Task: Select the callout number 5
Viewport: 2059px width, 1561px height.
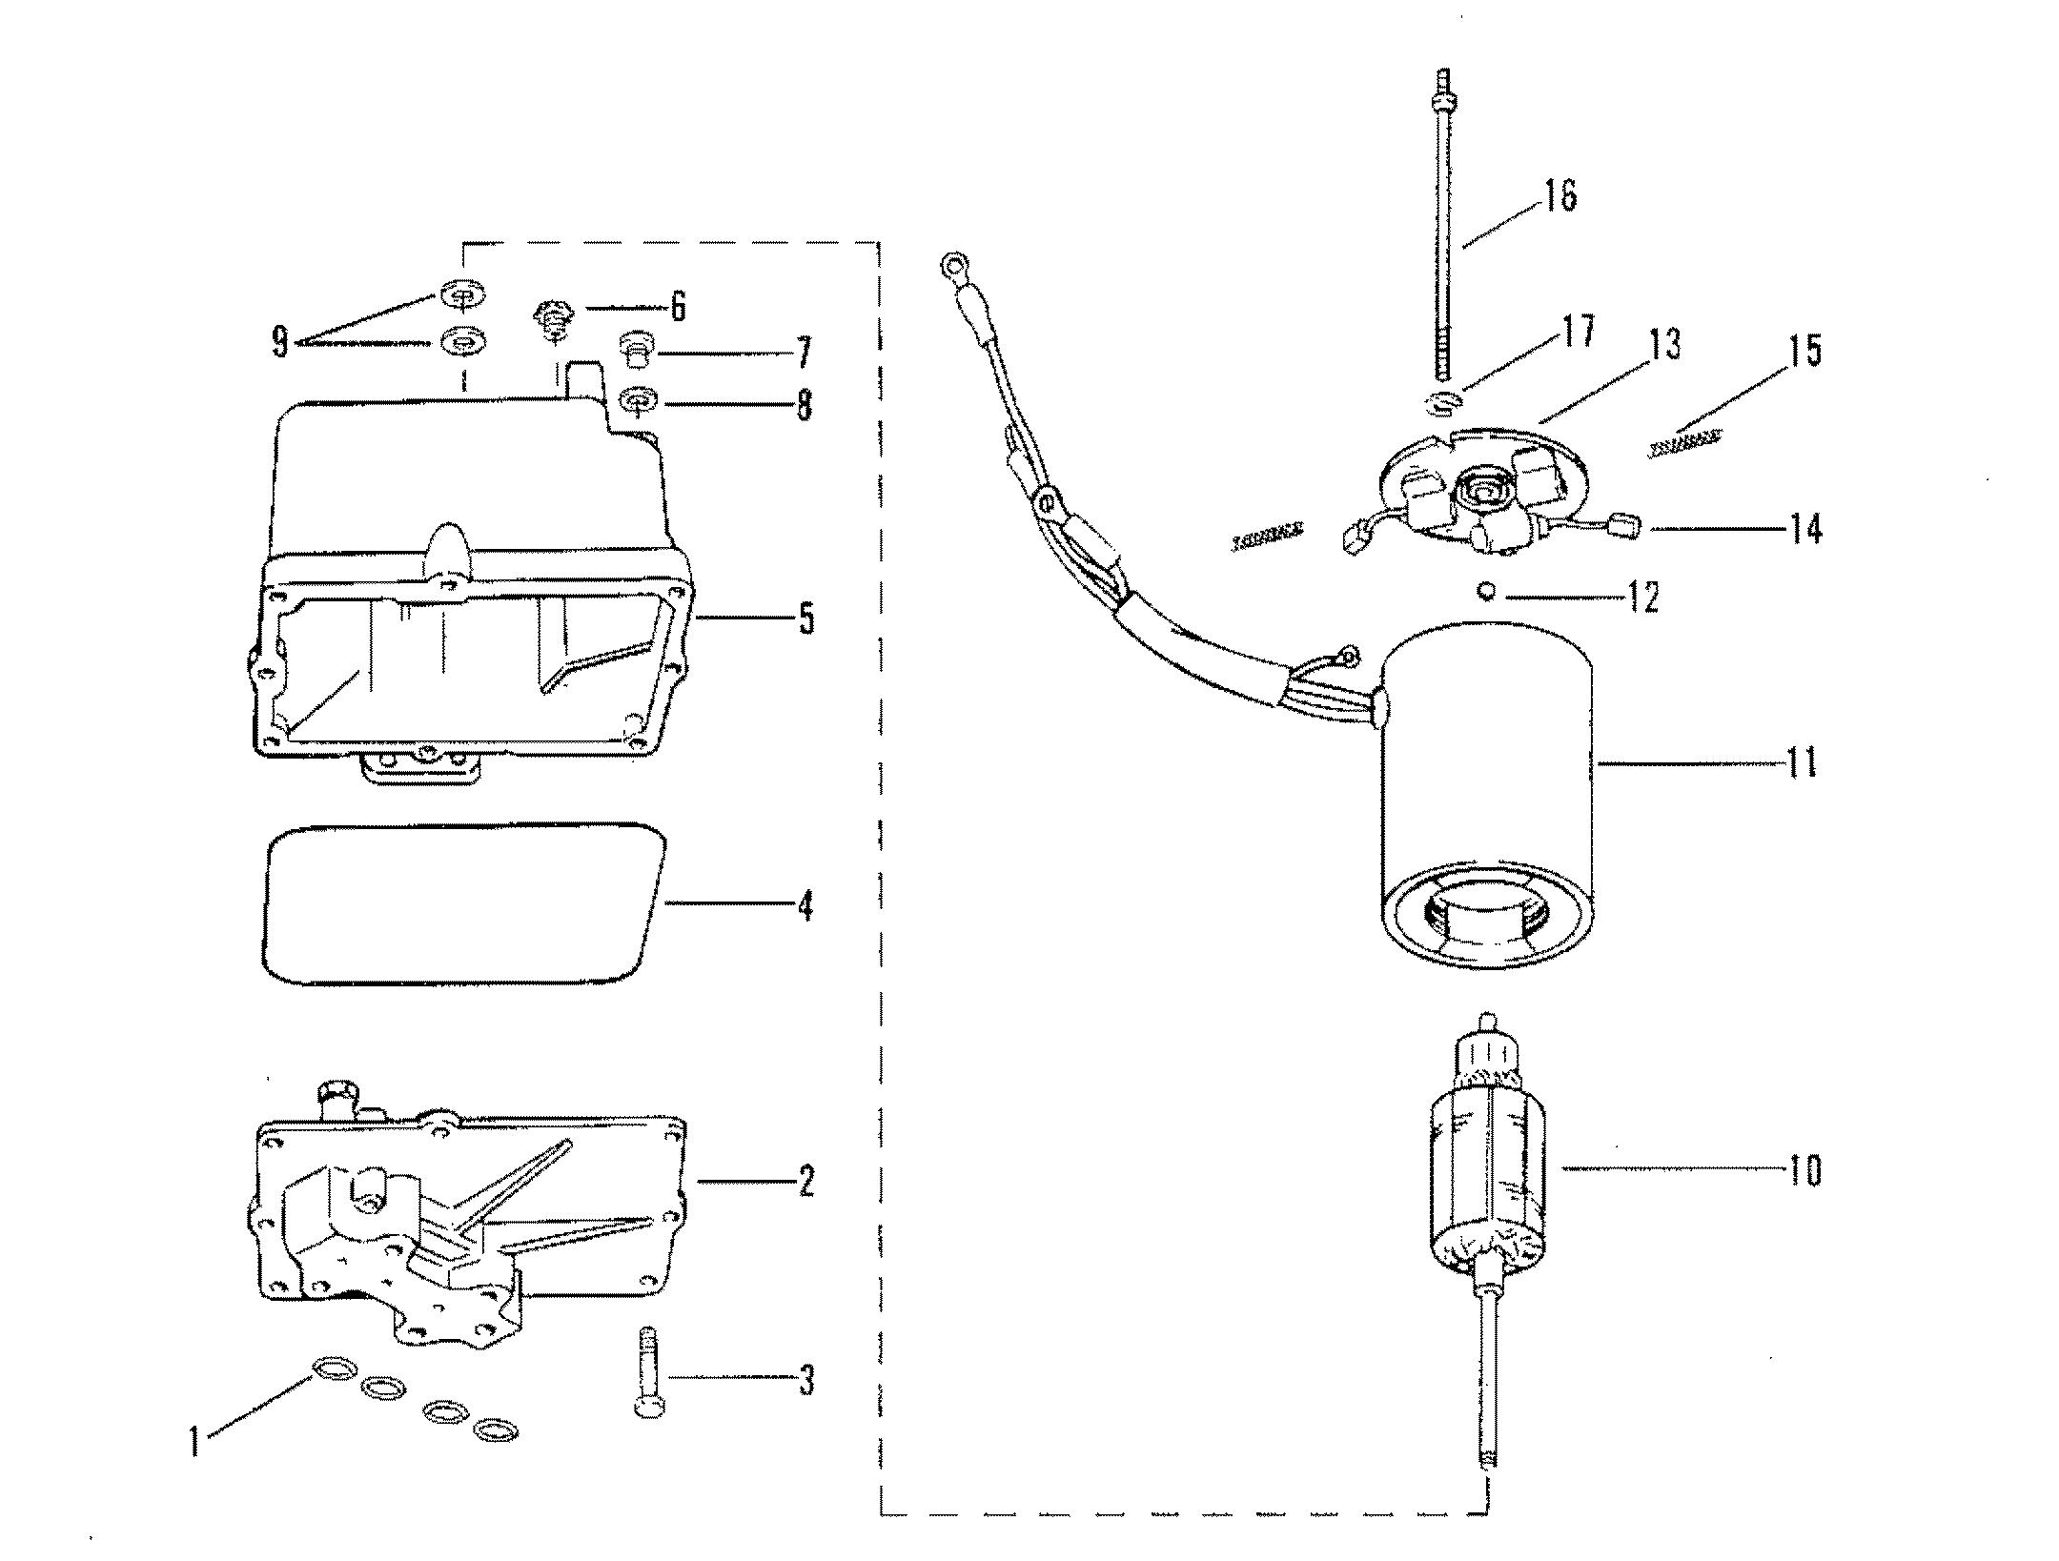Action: tap(805, 618)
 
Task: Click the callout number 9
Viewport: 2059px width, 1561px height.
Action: tap(279, 341)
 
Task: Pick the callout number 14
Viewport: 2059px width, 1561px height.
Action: tap(1804, 528)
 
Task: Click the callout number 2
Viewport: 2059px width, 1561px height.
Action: tap(805, 1183)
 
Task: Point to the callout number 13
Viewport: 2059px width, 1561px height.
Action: tap(1663, 345)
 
